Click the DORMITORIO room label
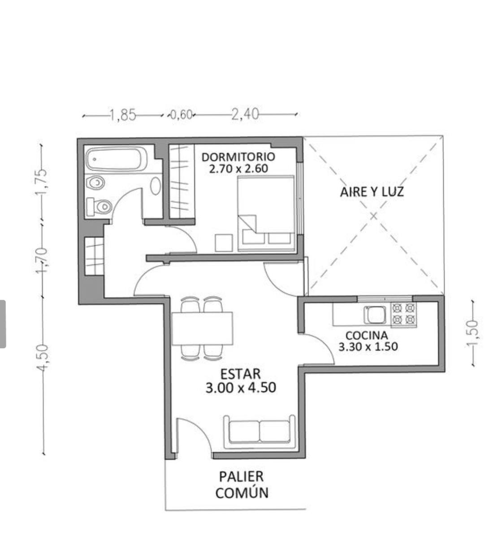coord(238,157)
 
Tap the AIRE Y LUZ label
coord(372,192)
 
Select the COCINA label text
coord(366,335)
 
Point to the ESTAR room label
coord(240,374)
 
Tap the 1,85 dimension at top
coord(122,115)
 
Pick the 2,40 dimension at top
coord(245,114)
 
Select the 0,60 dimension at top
coord(181,115)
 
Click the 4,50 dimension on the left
coord(43,357)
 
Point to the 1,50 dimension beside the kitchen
coord(472,334)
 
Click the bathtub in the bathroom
coord(117,160)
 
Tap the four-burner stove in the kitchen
coord(403,315)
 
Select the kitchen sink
coord(375,315)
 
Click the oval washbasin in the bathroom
coord(156,186)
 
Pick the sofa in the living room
coord(259,433)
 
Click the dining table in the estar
coord(202,329)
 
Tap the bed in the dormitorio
coord(266,214)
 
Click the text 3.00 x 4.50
coord(241,388)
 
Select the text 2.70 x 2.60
coord(238,168)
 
